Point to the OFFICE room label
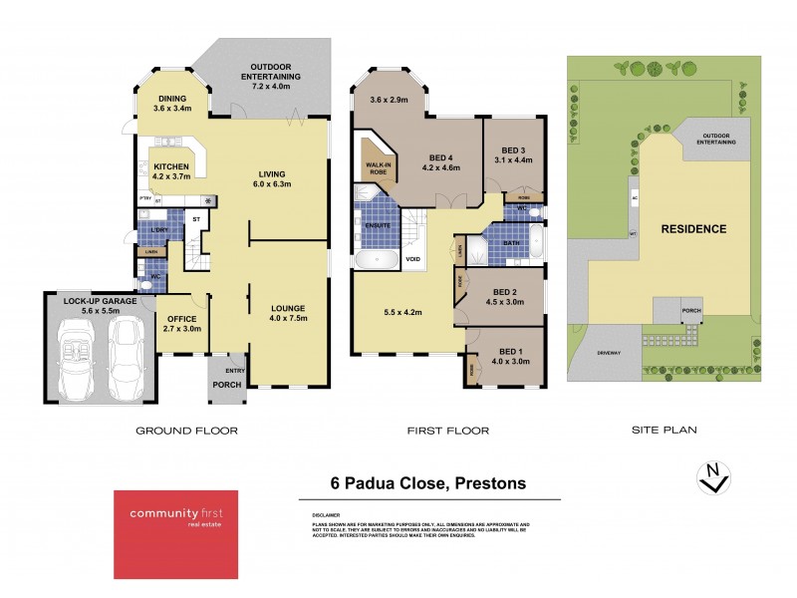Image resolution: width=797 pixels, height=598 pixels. (181, 322)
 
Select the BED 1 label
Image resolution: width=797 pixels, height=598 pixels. (508, 356)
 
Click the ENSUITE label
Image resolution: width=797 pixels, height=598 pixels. (376, 225)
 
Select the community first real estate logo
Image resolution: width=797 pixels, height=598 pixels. (174, 534)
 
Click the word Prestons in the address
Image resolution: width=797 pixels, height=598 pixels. (489, 483)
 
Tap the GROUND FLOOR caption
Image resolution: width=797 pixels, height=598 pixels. (187, 431)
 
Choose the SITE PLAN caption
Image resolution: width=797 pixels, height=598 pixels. (664, 431)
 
